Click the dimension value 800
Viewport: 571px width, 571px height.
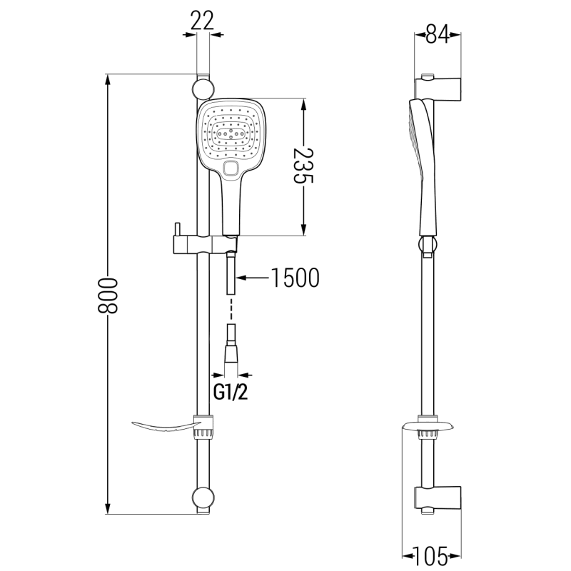click(x=107, y=294)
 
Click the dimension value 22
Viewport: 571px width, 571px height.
click(x=203, y=20)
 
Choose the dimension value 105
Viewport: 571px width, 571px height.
click(x=433, y=553)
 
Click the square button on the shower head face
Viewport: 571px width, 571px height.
click(x=230, y=169)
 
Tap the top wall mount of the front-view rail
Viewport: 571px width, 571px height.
click(x=203, y=89)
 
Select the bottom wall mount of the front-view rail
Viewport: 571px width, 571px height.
click(x=203, y=498)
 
